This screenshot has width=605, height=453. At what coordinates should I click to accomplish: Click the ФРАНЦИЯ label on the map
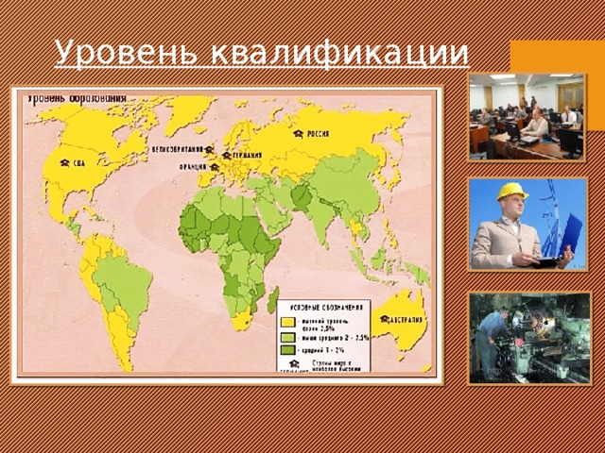coord(192,168)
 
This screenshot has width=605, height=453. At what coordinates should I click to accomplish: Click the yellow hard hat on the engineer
coord(512,191)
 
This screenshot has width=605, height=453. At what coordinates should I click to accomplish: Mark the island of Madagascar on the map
coord(273,300)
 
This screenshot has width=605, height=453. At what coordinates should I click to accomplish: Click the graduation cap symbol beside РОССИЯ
coord(298,135)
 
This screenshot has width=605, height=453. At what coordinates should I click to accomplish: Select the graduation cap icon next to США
coord(64,162)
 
